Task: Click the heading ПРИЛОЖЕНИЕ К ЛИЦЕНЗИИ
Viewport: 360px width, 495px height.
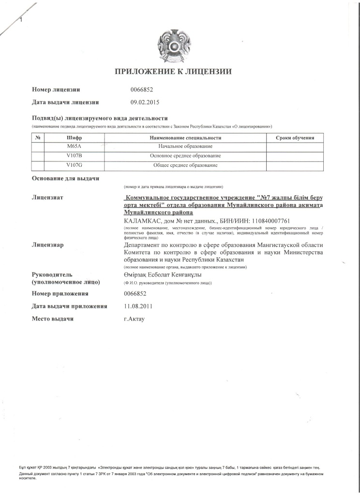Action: tap(173, 72)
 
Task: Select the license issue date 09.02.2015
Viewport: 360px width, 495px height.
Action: tap(145, 102)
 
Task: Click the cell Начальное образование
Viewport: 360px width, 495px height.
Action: tap(185, 146)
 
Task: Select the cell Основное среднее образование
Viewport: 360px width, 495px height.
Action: tap(185, 156)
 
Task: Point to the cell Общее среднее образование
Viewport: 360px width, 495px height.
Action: tap(185, 165)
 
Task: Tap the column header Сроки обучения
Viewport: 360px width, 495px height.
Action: tap(295, 138)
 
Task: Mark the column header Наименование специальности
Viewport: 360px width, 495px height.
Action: tap(185, 138)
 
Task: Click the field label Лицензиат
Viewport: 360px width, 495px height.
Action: tap(48, 198)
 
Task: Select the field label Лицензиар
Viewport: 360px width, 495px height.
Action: tap(48, 245)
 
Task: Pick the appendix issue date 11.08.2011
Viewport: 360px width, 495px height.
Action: tap(138, 306)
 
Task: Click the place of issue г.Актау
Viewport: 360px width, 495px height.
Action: tap(135, 319)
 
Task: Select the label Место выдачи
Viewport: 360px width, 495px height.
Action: tap(53, 319)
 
